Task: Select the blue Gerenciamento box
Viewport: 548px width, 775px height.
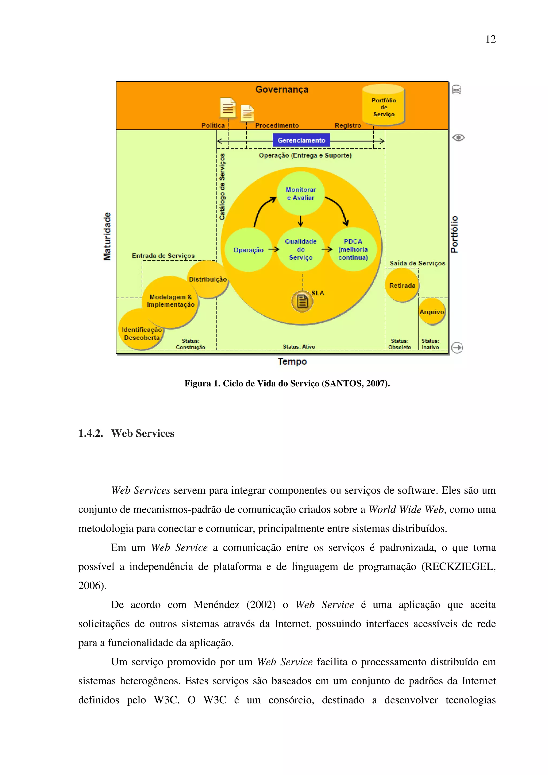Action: point(301,140)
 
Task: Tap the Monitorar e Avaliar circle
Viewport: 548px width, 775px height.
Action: point(300,193)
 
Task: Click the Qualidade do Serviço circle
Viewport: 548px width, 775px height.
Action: point(300,250)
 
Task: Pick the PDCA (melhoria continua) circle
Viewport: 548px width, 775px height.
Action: point(353,250)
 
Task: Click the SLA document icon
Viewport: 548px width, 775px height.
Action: point(302,301)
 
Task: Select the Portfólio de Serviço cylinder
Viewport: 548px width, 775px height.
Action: point(383,105)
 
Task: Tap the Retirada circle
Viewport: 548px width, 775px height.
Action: point(402,285)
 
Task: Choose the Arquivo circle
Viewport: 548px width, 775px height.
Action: point(432,312)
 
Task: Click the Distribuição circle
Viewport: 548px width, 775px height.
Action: point(208,279)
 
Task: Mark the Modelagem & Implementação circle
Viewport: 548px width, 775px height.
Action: point(170,301)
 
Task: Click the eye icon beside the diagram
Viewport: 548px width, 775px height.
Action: point(458,137)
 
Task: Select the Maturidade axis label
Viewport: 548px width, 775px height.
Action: point(107,236)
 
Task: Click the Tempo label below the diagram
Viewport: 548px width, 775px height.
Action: point(292,362)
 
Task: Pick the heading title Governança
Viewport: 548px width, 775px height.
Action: point(281,89)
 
